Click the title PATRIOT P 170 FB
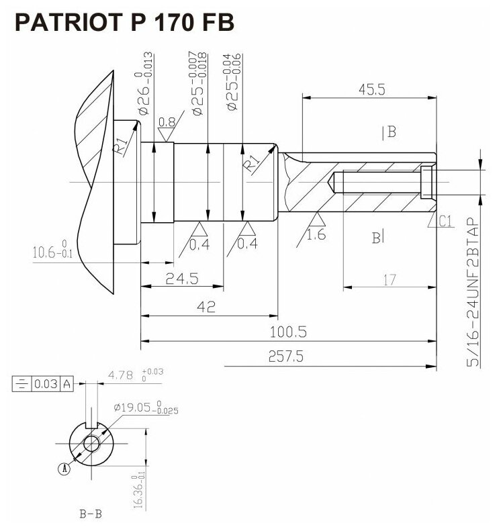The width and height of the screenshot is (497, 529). [125, 23]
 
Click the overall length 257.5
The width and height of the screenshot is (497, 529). [285, 357]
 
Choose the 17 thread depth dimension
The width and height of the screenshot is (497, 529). [390, 280]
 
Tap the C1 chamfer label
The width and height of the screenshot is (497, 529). [445, 222]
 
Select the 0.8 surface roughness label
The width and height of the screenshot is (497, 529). [167, 123]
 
